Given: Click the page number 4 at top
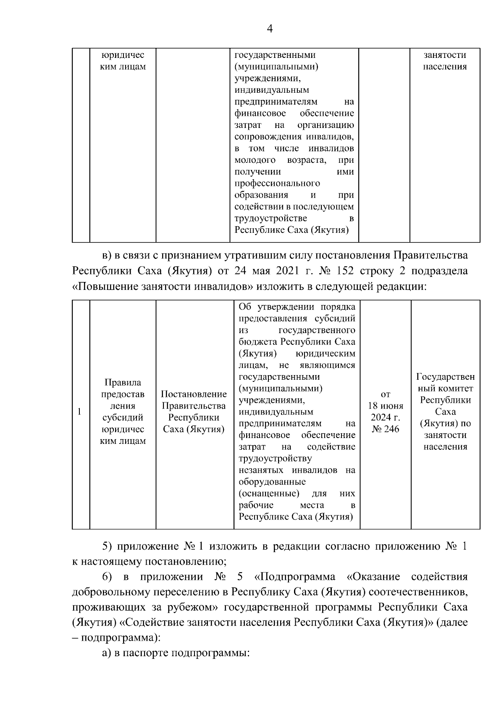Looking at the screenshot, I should coord(270,29).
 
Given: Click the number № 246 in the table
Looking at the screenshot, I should coord(386,429).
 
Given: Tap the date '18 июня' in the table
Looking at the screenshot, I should coord(386,406).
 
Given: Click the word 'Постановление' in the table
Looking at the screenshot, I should coord(194,394).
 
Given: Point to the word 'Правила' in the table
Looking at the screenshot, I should coord(123,382).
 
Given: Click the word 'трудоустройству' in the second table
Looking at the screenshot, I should coord(275,458).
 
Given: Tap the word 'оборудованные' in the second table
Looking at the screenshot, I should coord(272,482).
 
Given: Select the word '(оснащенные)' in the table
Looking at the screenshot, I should coord(269,493).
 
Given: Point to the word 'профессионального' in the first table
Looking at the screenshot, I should coord(277,183).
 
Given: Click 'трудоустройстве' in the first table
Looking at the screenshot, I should coord(270,218).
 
